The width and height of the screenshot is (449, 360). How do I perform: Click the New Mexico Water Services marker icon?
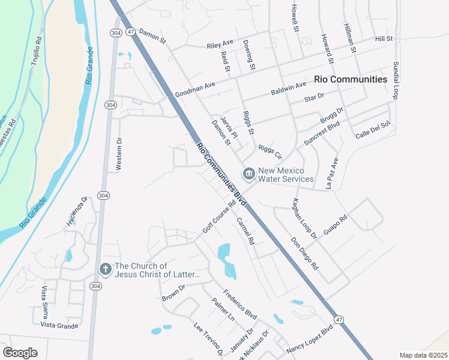click(249, 174)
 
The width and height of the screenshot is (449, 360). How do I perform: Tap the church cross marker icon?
click(104, 270)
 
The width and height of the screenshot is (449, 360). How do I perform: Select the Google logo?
click(20, 353)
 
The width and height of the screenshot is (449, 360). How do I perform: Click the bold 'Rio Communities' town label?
click(351, 79)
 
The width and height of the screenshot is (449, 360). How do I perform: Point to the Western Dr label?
click(119, 154)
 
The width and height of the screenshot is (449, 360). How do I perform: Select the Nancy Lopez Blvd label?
click(310, 340)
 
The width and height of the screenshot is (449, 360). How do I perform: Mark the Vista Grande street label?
click(59, 325)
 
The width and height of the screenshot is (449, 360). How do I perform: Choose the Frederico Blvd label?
click(240, 305)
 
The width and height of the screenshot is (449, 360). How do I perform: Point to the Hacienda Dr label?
click(77, 212)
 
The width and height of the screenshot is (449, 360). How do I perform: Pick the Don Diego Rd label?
click(304, 252)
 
